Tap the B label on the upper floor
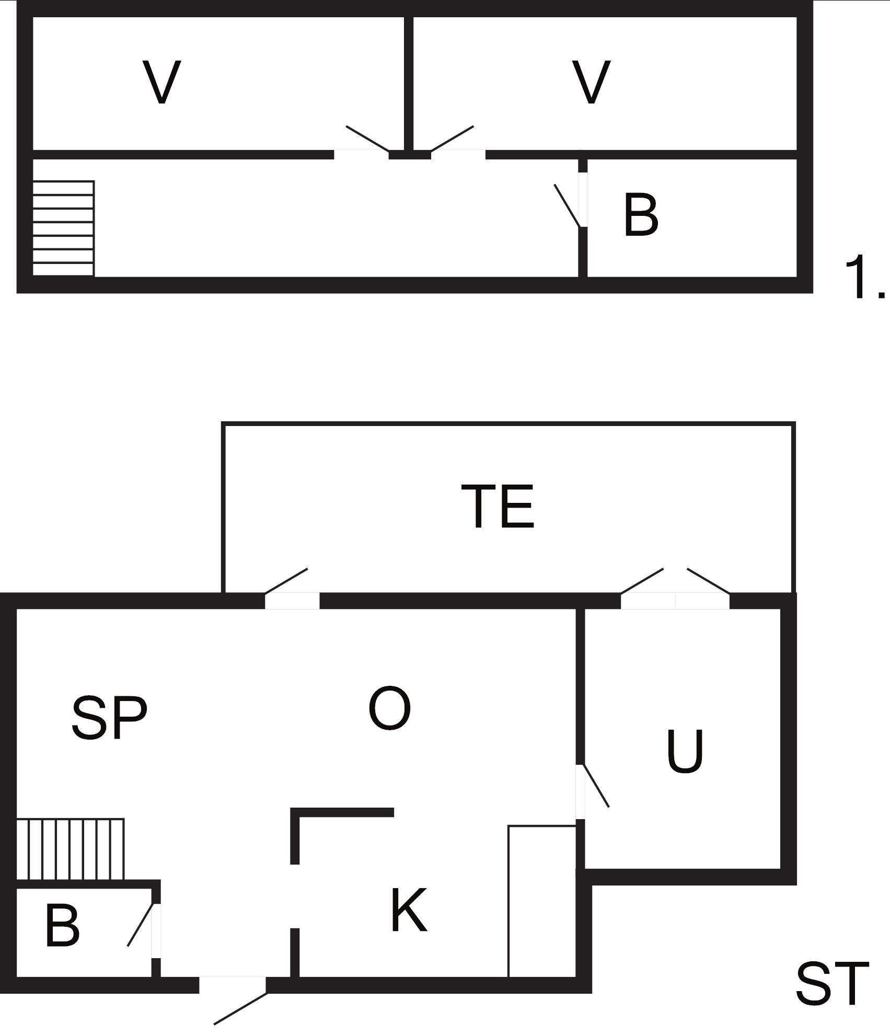(641, 214)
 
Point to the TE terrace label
(498, 506)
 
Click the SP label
(109, 718)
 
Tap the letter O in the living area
(389, 708)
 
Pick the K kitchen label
(409, 910)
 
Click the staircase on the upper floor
(63, 228)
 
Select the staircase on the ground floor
(70, 849)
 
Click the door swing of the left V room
(367, 139)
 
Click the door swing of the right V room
(452, 139)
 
